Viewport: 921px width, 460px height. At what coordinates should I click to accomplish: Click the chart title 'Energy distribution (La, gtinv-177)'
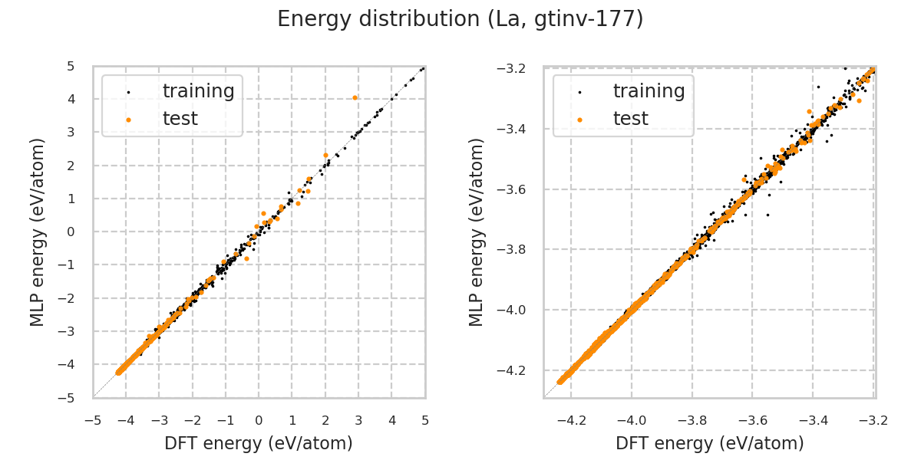click(x=460, y=19)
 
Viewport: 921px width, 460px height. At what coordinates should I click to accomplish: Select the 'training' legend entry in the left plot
click(x=198, y=91)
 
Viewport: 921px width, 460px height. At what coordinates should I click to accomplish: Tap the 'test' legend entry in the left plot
click(x=180, y=119)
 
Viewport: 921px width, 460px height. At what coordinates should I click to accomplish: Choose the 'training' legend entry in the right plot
click(x=649, y=91)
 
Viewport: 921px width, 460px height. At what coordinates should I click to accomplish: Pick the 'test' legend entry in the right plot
click(x=630, y=119)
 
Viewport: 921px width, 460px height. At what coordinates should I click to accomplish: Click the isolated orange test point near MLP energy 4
click(x=355, y=97)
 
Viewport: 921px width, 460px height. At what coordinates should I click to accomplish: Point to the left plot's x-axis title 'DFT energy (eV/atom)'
click(x=259, y=443)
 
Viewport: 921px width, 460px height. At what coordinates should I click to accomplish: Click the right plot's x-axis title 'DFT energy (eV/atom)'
click(x=710, y=443)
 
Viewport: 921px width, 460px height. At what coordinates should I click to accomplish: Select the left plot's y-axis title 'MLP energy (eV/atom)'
click(x=38, y=232)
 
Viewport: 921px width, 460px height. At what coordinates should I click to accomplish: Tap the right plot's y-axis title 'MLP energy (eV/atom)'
click(x=477, y=232)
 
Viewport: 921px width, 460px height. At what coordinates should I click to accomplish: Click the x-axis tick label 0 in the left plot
click(x=259, y=420)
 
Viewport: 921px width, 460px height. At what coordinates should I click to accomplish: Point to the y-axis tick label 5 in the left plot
click(x=71, y=67)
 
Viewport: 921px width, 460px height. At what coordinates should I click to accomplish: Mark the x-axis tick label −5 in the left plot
click(x=93, y=420)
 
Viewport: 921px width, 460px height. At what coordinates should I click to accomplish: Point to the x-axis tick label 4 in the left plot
click(x=391, y=420)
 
